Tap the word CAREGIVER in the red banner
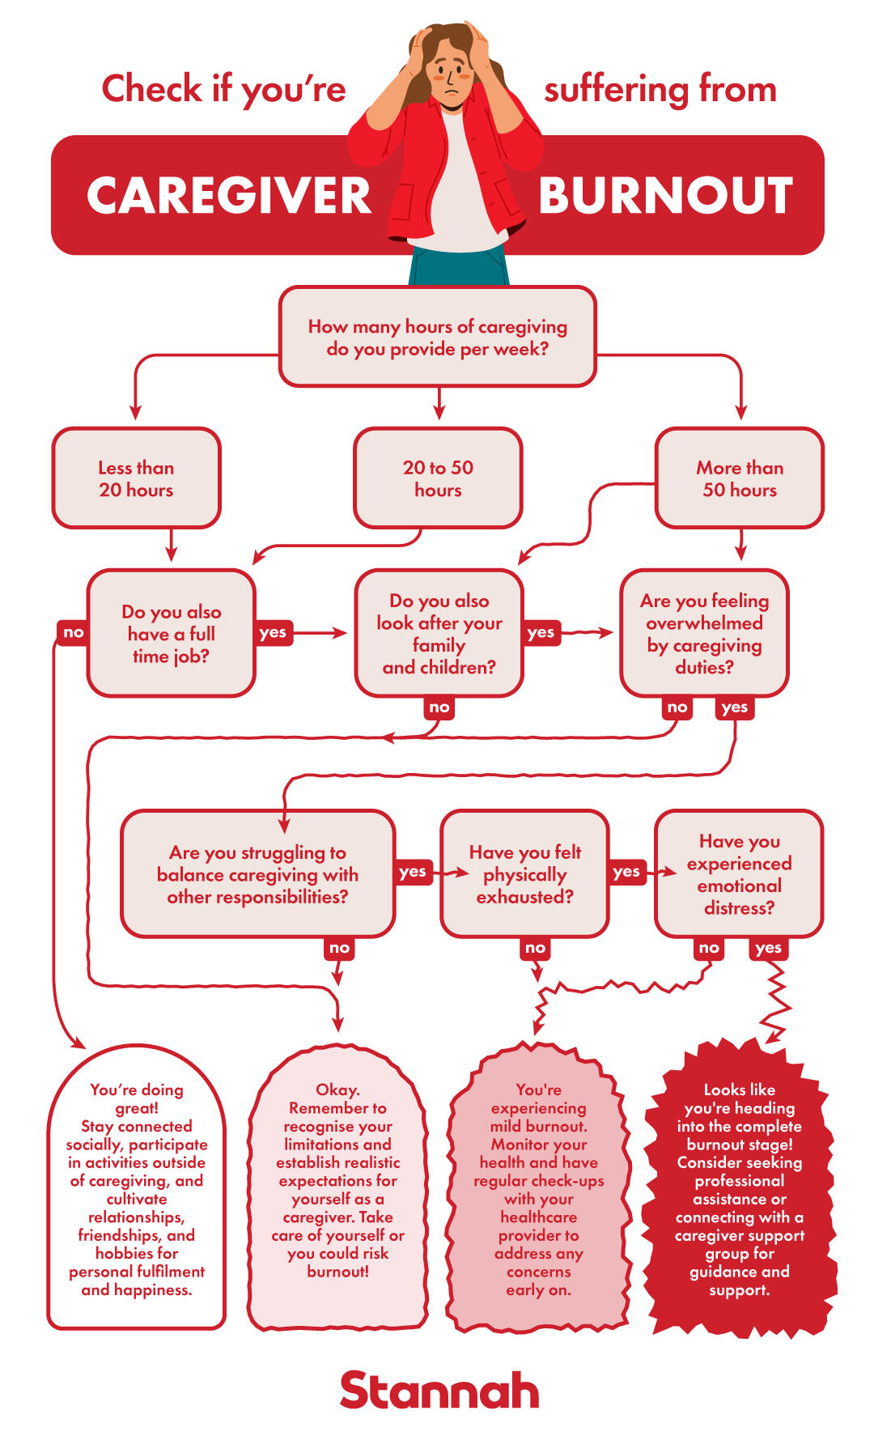click(x=229, y=196)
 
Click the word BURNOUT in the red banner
click(x=665, y=196)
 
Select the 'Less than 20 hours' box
click(x=136, y=478)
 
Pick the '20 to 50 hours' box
click(x=438, y=478)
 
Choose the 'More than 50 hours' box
click(x=739, y=478)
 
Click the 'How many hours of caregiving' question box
click(x=437, y=338)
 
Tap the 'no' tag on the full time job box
click(x=73, y=632)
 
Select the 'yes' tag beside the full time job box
click(x=273, y=632)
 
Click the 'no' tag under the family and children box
click(x=439, y=707)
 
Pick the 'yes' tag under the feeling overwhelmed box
click(x=734, y=707)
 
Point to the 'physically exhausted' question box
click(x=524, y=874)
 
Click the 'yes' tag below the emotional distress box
click(x=767, y=948)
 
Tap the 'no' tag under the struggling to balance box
click(x=339, y=948)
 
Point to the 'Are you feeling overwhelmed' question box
click(x=704, y=633)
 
